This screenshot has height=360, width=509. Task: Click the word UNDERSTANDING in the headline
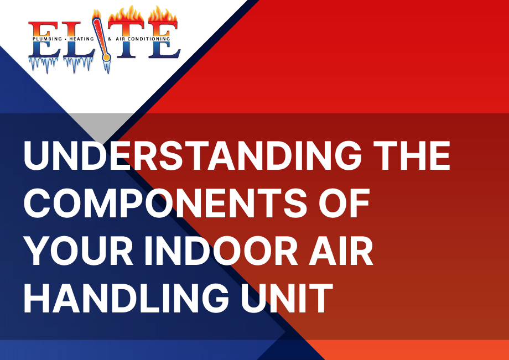(x=193, y=155)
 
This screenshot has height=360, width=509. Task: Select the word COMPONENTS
(x=165, y=203)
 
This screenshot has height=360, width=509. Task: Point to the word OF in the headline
(x=344, y=203)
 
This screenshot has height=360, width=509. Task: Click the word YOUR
(x=78, y=251)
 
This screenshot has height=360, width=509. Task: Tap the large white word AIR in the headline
(x=341, y=251)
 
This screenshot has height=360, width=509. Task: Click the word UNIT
(x=287, y=298)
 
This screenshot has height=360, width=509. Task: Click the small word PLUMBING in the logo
(x=47, y=39)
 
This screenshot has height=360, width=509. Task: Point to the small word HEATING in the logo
(x=81, y=39)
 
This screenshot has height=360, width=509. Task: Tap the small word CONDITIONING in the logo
(x=148, y=39)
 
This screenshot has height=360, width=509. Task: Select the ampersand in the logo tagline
(x=110, y=39)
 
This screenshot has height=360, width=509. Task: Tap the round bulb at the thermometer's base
(x=106, y=58)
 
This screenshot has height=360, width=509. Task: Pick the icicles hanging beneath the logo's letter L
(x=78, y=65)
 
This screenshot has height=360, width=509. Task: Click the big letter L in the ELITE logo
(x=78, y=40)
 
